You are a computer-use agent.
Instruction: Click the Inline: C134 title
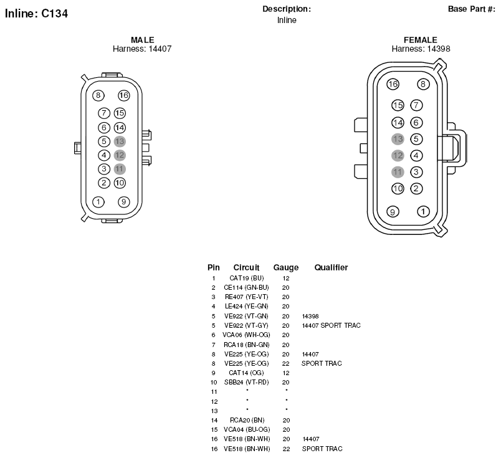coord(36,14)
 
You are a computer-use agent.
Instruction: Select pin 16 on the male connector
coord(123,95)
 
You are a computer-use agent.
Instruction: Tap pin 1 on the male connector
coord(98,202)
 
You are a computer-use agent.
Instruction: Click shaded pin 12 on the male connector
coord(120,155)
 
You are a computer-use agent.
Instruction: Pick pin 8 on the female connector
coord(423,84)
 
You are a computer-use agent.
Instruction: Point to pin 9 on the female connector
coord(393,212)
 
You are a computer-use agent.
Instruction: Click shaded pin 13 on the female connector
coord(398,139)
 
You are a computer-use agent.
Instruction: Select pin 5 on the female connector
coord(416,139)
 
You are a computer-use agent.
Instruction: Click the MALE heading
coord(143,40)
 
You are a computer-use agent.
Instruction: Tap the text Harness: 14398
coord(421,49)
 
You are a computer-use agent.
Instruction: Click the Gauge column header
coord(286,267)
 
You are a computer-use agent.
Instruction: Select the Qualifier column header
coord(331,267)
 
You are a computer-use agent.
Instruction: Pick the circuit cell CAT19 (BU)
coord(246,278)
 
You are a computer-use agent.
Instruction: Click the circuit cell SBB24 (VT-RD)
coord(246,382)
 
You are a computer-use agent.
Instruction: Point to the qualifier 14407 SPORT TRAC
coord(331,325)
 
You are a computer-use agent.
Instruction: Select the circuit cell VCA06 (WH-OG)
coord(246,335)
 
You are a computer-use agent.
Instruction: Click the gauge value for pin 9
coord(286,373)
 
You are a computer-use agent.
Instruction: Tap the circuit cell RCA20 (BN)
coord(247,420)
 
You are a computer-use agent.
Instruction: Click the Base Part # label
coord(472,9)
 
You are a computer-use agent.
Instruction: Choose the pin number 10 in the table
coord(214,382)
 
